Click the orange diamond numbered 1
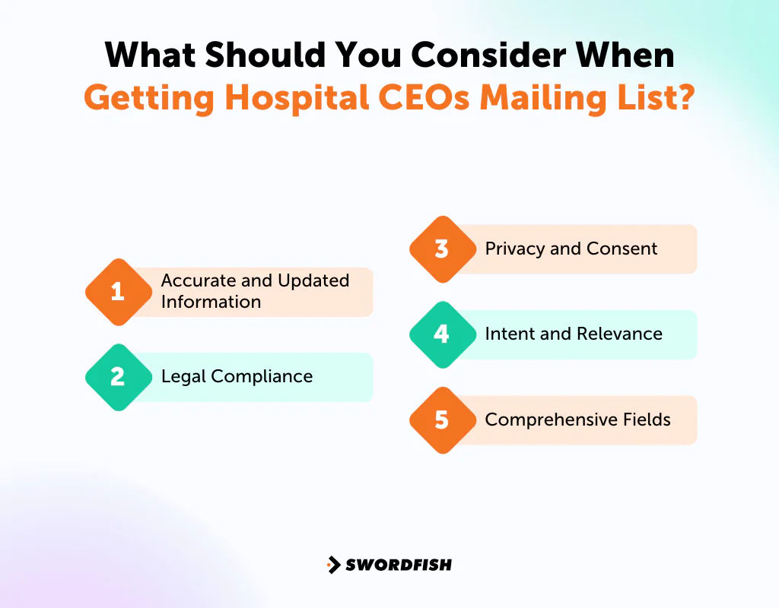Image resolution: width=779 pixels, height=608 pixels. (x=117, y=292)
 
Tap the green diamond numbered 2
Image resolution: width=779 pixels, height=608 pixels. (x=117, y=377)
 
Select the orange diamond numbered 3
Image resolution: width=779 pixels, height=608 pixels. (x=442, y=249)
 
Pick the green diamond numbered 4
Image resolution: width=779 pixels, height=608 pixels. (x=442, y=334)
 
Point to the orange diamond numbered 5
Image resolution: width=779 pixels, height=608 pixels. (x=442, y=420)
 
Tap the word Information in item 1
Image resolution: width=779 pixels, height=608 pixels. (x=211, y=302)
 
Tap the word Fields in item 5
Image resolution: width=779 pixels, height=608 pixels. (x=648, y=419)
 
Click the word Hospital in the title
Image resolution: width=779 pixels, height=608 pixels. (x=272, y=99)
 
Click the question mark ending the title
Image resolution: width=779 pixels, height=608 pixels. (x=685, y=99)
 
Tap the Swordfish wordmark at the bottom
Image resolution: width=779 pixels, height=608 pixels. (x=399, y=565)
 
